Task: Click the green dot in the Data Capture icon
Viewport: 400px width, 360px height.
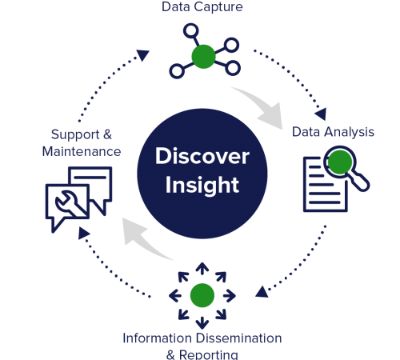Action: click(203, 56)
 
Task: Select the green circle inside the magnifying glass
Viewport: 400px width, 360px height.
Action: click(342, 163)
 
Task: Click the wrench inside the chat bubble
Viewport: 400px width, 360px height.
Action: click(61, 203)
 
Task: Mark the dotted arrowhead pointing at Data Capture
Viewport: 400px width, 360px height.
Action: click(142, 55)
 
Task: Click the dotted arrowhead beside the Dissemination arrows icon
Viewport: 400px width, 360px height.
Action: click(262, 294)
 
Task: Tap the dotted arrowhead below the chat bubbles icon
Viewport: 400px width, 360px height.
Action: click(82, 234)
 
